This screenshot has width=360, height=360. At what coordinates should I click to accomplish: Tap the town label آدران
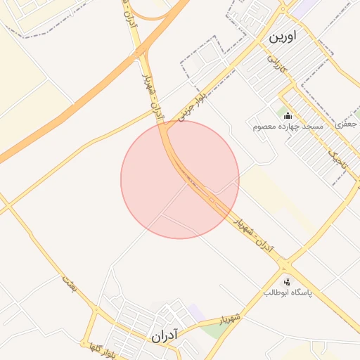pos(166,337)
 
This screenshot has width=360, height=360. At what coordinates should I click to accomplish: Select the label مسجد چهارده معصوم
pos(288,127)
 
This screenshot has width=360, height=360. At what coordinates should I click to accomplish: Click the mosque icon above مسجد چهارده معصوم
pos(288,115)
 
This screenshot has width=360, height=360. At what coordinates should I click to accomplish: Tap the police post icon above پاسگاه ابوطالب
pos(285,281)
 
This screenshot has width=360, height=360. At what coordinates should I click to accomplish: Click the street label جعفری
pos(347,124)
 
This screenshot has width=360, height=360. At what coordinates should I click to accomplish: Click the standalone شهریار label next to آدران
pos(230,320)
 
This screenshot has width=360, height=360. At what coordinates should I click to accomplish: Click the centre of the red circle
pos(180,179)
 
